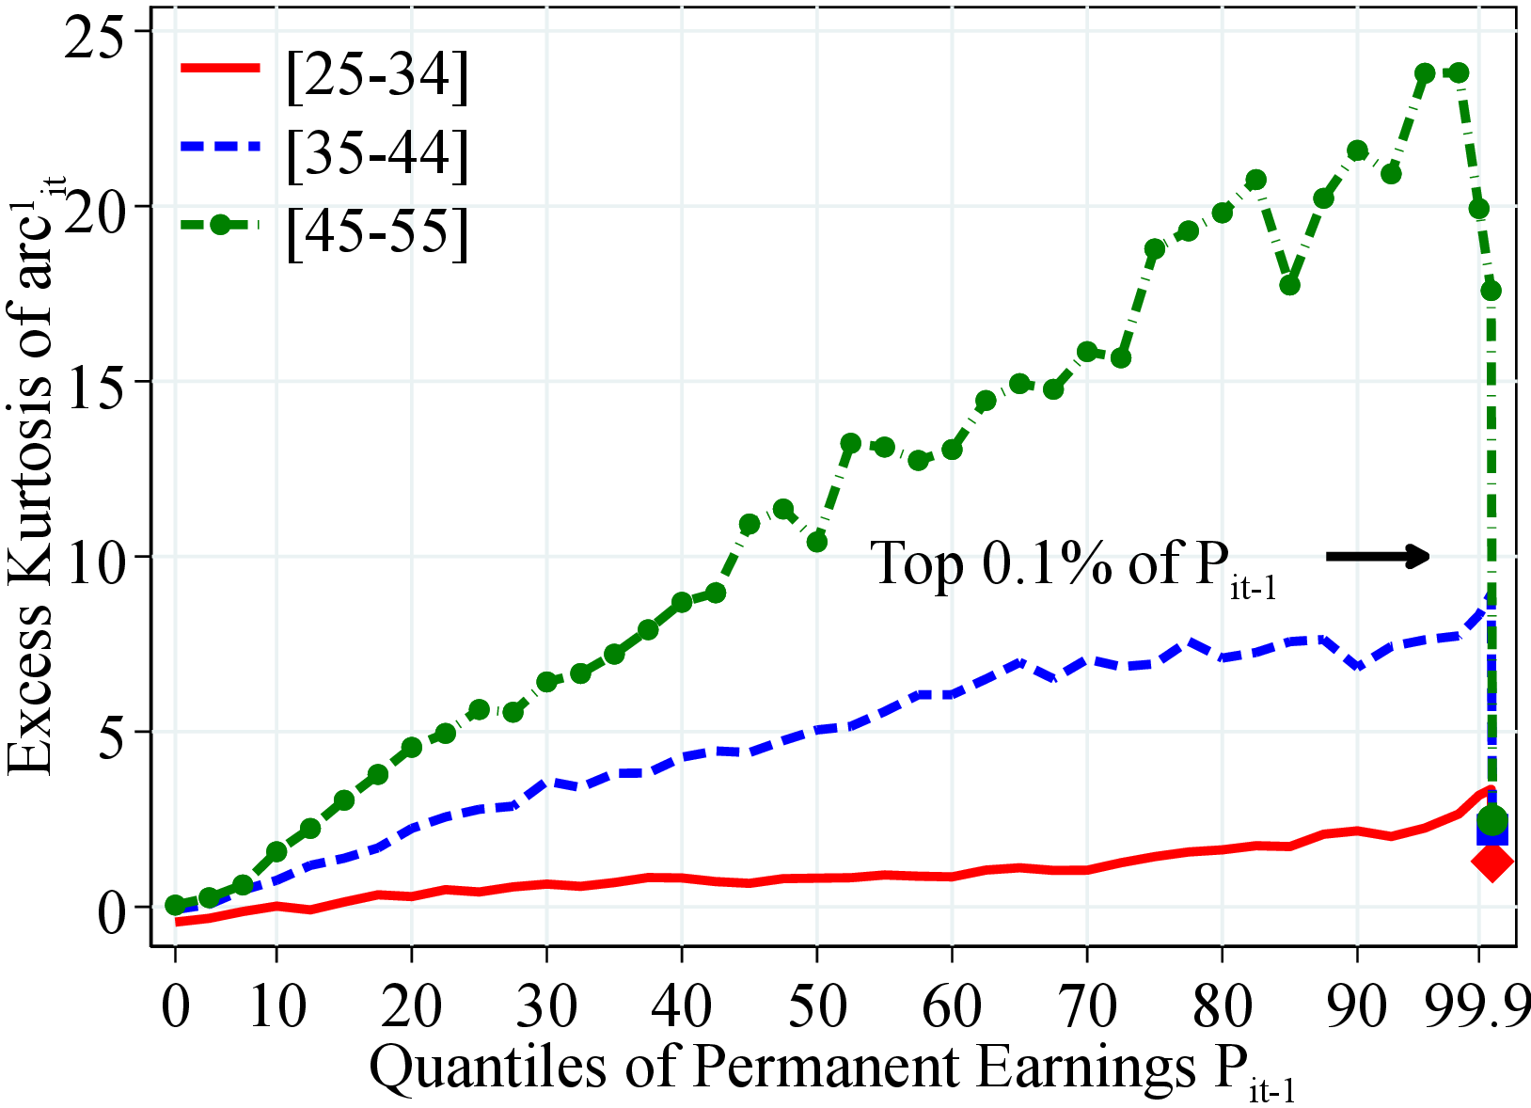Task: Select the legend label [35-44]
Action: pos(376,153)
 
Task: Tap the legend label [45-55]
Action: pos(376,231)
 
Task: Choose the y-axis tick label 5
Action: pos(118,732)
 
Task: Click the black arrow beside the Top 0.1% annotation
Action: pos(1378,557)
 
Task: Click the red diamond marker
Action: pos(1492,861)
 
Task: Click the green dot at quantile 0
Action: pos(175,905)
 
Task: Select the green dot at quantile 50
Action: pos(817,542)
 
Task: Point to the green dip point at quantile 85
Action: pos(1289,284)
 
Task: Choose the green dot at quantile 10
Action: pos(276,852)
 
